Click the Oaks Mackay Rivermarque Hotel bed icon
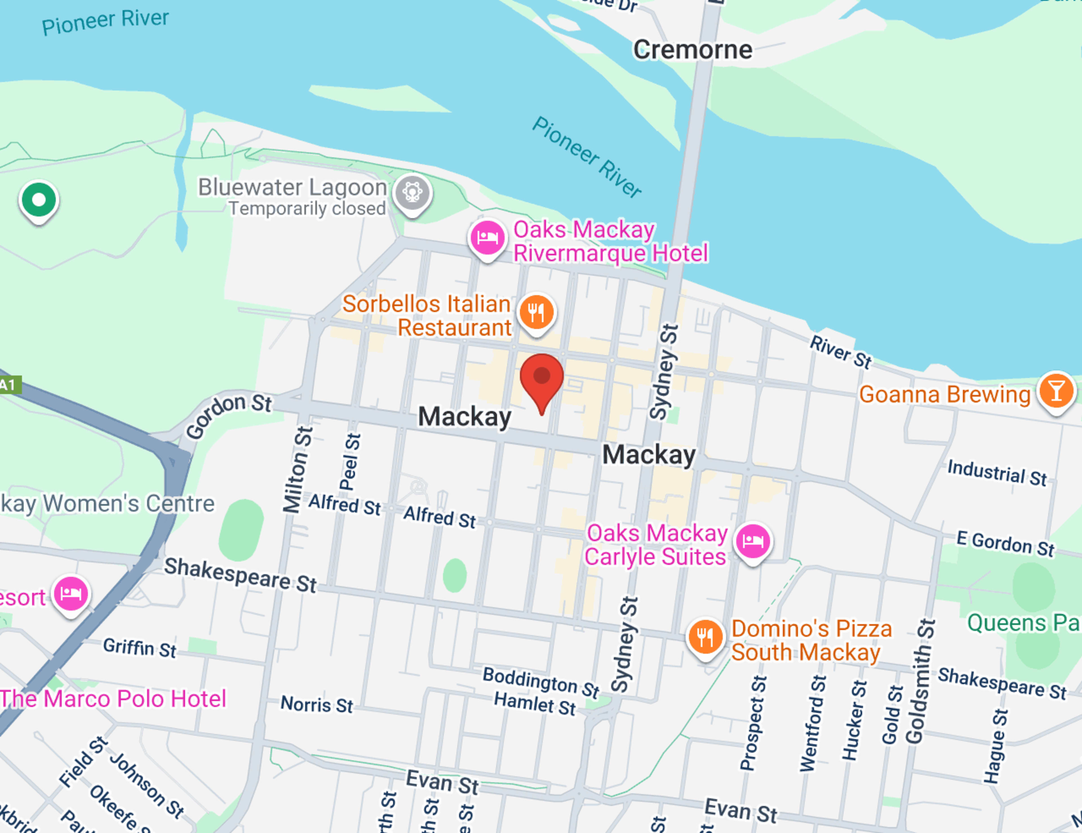click(x=487, y=238)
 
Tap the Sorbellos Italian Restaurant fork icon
click(x=536, y=312)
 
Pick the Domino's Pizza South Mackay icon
click(x=705, y=637)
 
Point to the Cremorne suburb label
click(x=693, y=50)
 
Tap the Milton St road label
click(x=297, y=469)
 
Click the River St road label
click(x=840, y=352)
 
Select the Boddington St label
click(x=541, y=682)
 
